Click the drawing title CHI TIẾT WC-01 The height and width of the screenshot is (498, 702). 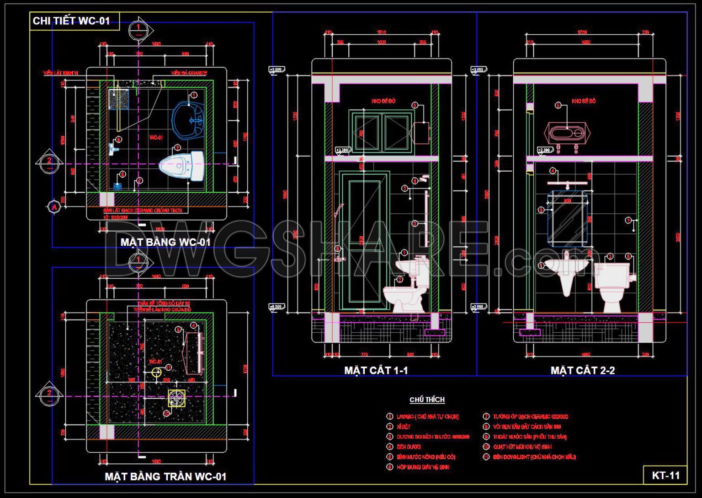72,21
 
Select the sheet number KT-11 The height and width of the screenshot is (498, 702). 665,475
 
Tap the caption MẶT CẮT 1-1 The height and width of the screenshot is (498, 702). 376,370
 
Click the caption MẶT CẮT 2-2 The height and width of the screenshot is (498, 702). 582,370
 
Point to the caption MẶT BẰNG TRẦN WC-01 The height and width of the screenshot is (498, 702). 165,476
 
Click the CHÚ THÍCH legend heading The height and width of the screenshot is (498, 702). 427,400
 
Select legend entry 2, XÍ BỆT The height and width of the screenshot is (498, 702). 403,427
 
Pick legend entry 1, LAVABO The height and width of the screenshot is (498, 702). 427,417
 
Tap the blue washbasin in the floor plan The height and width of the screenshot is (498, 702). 189,120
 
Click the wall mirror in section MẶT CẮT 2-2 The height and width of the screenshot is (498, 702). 567,220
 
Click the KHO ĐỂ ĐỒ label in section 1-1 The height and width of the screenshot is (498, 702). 383,101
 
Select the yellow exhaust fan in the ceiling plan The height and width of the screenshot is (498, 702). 176,398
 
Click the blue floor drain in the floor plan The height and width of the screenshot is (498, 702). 117,187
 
